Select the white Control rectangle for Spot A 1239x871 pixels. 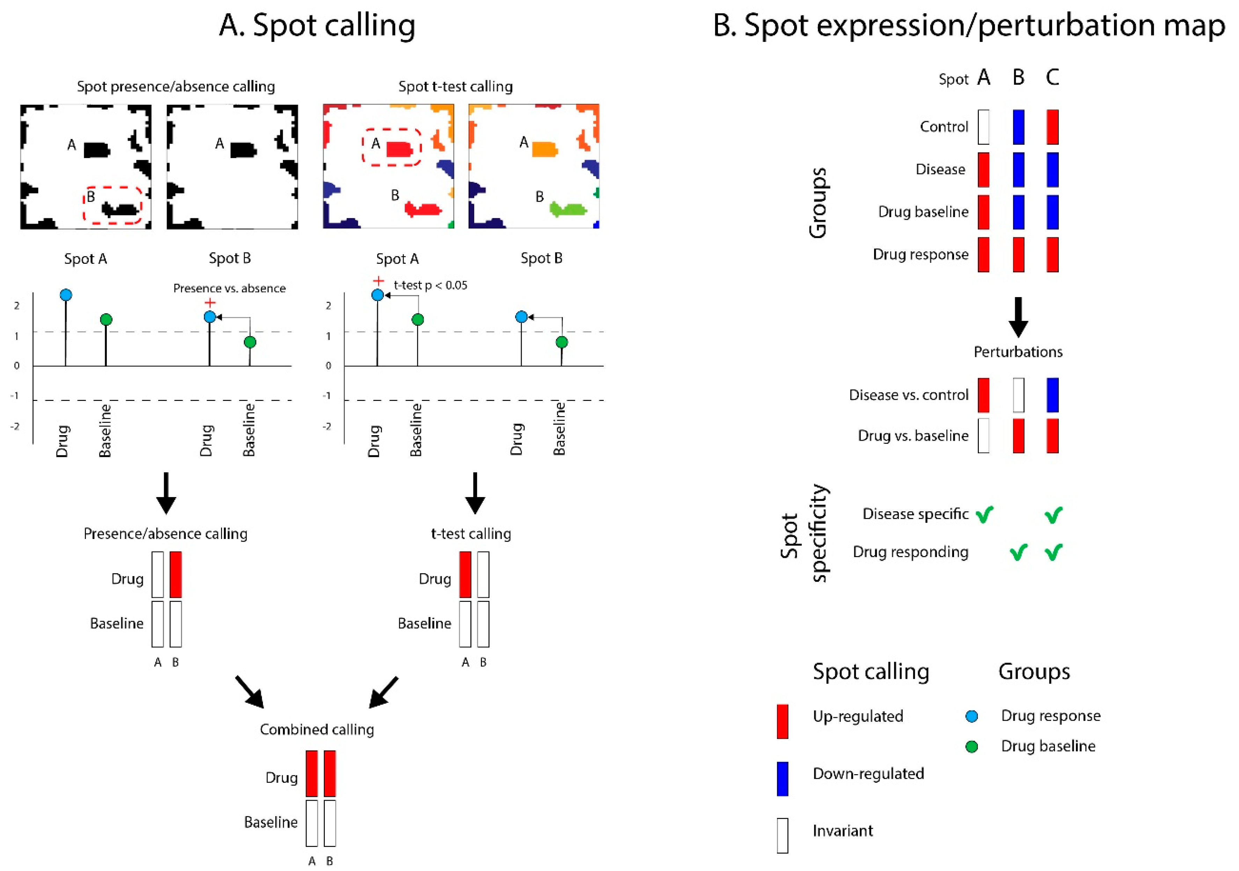tap(983, 127)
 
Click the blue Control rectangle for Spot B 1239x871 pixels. tap(1018, 127)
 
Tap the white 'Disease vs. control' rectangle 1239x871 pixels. tap(1018, 395)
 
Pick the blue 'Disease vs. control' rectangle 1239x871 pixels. tap(1052, 395)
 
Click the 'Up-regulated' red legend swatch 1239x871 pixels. tap(783, 721)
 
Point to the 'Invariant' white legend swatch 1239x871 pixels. tap(783, 835)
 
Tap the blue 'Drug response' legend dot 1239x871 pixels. tap(972, 717)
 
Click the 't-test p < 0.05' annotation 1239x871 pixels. tap(430, 285)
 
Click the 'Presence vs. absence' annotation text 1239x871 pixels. tap(229, 288)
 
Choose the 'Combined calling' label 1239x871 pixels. tap(317, 729)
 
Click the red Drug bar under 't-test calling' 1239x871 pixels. tap(464, 575)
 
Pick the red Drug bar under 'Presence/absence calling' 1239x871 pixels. tap(175, 575)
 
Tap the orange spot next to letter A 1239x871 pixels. tap(544, 149)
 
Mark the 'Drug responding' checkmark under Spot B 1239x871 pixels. tap(1018, 552)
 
